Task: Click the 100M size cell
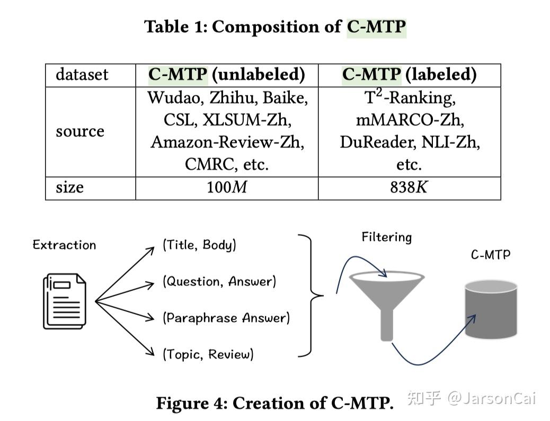227,187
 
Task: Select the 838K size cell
409,187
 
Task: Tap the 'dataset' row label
82,74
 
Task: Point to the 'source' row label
80,131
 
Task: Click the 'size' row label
69,187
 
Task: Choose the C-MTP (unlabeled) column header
227,74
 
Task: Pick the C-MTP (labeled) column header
410,74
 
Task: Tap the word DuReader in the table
378,143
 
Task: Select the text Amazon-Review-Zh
227,143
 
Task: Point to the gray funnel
387,305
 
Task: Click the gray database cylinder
491,309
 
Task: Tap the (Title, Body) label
199,245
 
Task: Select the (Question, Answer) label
219,281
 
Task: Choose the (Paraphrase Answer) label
226,318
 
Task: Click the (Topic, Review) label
208,354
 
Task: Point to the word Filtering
387,237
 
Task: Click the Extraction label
64,245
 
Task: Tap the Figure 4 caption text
274,403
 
